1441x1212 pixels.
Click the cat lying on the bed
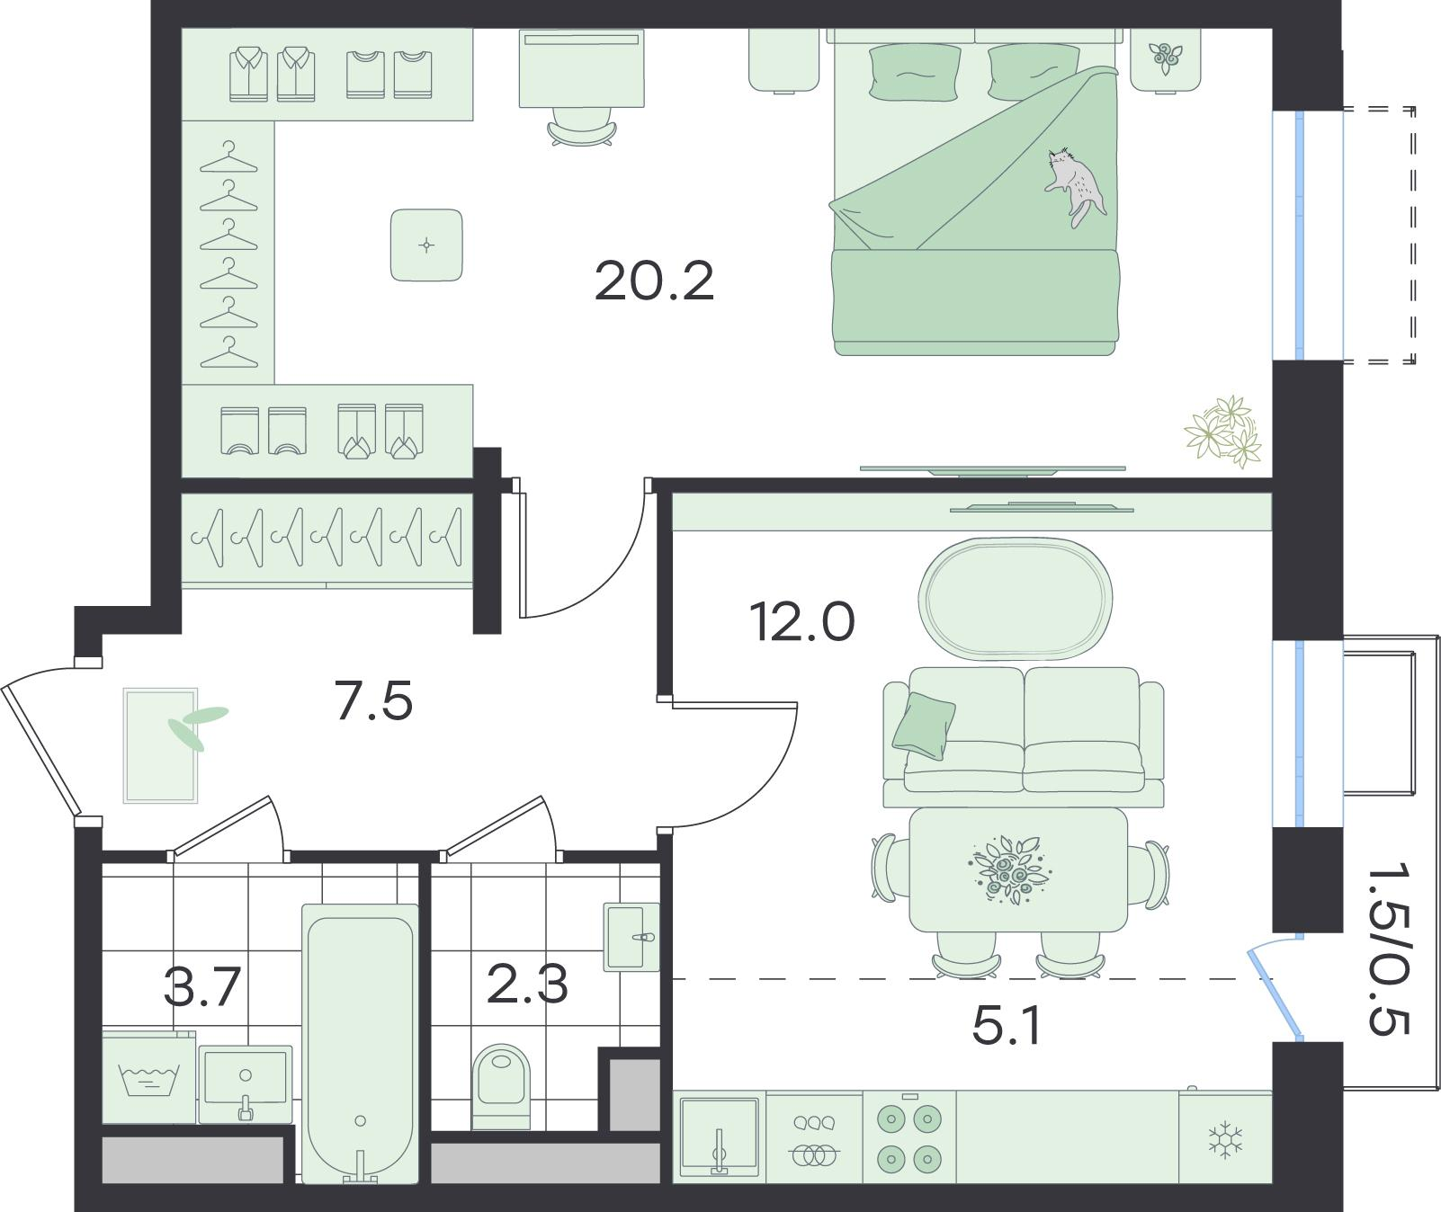(x=1076, y=184)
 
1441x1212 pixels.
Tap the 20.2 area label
(x=654, y=281)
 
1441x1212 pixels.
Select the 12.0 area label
(x=801, y=622)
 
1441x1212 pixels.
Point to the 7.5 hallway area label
(x=373, y=701)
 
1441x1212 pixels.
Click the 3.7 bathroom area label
(x=202, y=986)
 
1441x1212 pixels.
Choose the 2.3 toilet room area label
(x=527, y=984)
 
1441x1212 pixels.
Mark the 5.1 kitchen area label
(x=1007, y=1026)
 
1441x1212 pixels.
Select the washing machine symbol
(x=148, y=1077)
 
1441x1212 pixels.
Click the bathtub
(x=360, y=1043)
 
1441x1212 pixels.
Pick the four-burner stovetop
(x=908, y=1137)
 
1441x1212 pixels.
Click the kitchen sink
(x=719, y=1137)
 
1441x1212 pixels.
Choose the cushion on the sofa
(x=924, y=722)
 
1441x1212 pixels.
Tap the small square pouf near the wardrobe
(x=426, y=245)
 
